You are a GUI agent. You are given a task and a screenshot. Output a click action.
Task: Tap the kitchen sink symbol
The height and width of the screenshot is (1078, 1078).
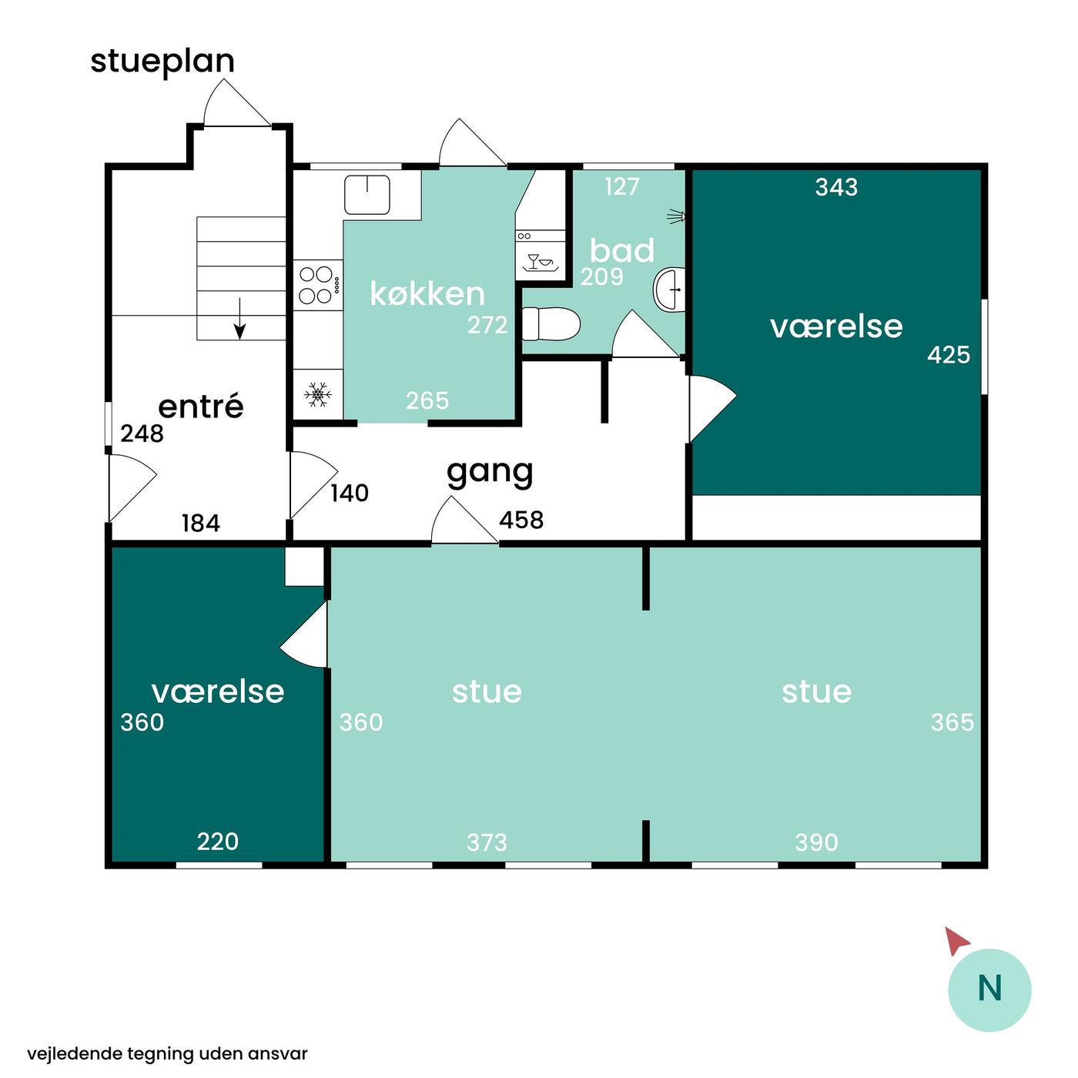point(367,195)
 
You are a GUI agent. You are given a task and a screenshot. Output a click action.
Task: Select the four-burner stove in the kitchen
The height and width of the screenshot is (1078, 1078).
point(319,286)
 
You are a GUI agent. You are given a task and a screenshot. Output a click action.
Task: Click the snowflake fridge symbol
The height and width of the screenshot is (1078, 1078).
point(317,394)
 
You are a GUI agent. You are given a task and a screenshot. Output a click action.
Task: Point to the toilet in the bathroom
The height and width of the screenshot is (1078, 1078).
point(551,324)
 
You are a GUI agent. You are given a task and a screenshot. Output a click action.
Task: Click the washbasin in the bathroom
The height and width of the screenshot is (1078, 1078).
point(669,290)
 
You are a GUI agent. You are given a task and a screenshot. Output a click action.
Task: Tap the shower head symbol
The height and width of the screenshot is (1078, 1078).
point(676,216)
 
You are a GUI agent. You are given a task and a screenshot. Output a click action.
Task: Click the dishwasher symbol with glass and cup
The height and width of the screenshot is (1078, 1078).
point(541,262)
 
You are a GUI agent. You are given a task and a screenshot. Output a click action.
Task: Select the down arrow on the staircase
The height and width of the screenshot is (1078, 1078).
point(239,319)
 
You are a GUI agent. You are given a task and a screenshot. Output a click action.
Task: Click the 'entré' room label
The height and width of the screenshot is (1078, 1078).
point(201,406)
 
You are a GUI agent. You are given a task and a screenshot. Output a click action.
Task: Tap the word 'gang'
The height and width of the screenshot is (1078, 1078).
point(490,473)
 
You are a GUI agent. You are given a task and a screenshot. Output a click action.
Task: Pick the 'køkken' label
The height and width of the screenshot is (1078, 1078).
point(427,293)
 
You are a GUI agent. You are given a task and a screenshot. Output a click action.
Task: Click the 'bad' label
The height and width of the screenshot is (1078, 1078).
point(622,250)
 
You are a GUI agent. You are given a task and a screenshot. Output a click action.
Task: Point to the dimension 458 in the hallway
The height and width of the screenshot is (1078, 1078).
point(521,521)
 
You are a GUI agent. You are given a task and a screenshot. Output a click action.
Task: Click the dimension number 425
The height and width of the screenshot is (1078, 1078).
point(948,355)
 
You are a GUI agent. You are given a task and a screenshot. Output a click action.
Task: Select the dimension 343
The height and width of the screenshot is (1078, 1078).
point(836,187)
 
